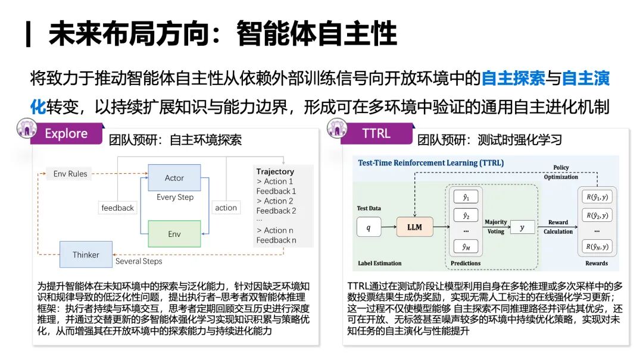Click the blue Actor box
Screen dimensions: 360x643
tap(174, 178)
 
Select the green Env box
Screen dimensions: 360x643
tap(174, 234)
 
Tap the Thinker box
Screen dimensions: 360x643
tap(86, 255)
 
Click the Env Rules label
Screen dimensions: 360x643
tap(70, 174)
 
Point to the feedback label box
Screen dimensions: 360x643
tap(117, 208)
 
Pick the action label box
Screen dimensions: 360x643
tap(226, 208)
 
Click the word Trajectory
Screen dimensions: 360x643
tap(275, 171)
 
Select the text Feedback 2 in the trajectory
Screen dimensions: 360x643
tap(276, 211)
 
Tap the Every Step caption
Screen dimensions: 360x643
tap(175, 197)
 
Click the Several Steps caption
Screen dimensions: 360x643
tap(139, 261)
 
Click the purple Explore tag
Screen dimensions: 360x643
tap(66, 133)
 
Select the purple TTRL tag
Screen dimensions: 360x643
tap(376, 133)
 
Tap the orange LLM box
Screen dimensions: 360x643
tap(414, 227)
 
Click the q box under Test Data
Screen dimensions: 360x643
tap(368, 227)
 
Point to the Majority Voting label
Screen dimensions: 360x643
tap(495, 226)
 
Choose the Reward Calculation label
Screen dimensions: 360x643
tap(558, 227)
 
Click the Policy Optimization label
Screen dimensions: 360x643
tap(561, 172)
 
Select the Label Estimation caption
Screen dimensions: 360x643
tap(379, 263)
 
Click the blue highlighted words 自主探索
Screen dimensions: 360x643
tap(513, 78)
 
